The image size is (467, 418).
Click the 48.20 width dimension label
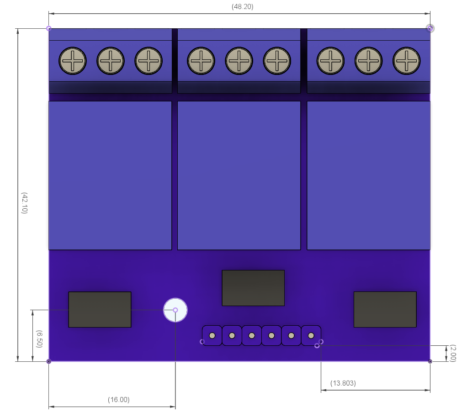tap(242, 7)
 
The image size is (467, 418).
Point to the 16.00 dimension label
tap(119, 400)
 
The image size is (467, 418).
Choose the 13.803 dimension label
tap(342, 383)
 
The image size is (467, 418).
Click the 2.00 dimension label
tap(453, 353)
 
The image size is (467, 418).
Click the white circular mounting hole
tap(175, 310)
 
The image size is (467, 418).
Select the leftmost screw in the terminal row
tap(72, 61)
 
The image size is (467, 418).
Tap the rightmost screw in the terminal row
tap(406, 61)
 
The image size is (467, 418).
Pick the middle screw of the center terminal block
tap(239, 61)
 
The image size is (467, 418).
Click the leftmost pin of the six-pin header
tap(212, 336)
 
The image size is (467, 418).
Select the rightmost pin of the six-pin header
tap(311, 336)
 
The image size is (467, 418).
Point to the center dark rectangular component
tap(253, 288)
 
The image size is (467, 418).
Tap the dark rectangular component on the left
tap(100, 309)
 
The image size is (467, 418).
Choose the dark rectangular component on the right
tap(385, 309)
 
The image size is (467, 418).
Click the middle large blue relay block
tap(239, 175)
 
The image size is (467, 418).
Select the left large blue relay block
tap(110, 175)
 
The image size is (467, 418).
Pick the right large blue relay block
tap(368, 175)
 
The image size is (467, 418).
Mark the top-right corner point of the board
tap(430, 28)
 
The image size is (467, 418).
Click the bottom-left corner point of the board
tap(49, 361)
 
